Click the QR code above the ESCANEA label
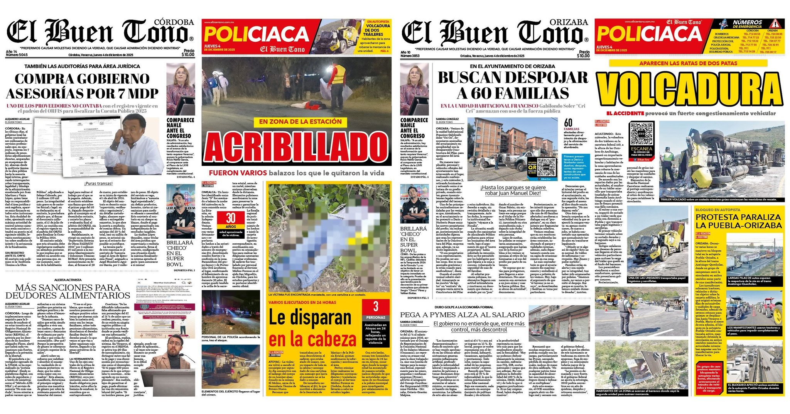pyautogui.click(x=641, y=134)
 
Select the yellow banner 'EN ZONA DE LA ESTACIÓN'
pyautogui.click(x=295, y=122)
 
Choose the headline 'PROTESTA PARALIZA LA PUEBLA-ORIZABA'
pyautogui.click(x=738, y=221)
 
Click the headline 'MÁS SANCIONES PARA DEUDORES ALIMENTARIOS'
pyautogui.click(x=68, y=292)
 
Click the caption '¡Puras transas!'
pyautogui.click(x=99, y=183)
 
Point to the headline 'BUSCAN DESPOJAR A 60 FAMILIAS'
pyautogui.click(x=513, y=85)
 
